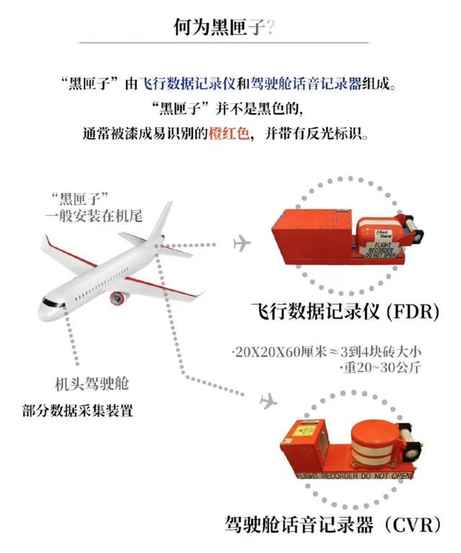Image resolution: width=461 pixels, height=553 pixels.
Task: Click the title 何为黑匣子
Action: coord(220,27)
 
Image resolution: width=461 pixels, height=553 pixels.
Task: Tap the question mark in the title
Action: coord(270,27)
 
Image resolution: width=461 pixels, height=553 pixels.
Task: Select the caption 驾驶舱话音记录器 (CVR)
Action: coord(333,523)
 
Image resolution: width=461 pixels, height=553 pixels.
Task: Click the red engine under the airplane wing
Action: coord(118,297)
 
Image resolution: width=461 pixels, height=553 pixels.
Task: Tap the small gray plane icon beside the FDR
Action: coord(241,244)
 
